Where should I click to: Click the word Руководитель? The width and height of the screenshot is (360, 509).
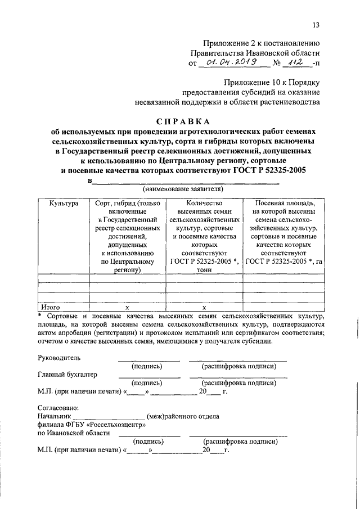(x=59, y=358)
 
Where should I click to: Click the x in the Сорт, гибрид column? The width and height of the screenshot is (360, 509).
(x=127, y=308)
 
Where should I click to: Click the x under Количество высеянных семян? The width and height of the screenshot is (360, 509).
(x=204, y=308)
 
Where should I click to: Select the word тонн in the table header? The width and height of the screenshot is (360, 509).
(x=204, y=269)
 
